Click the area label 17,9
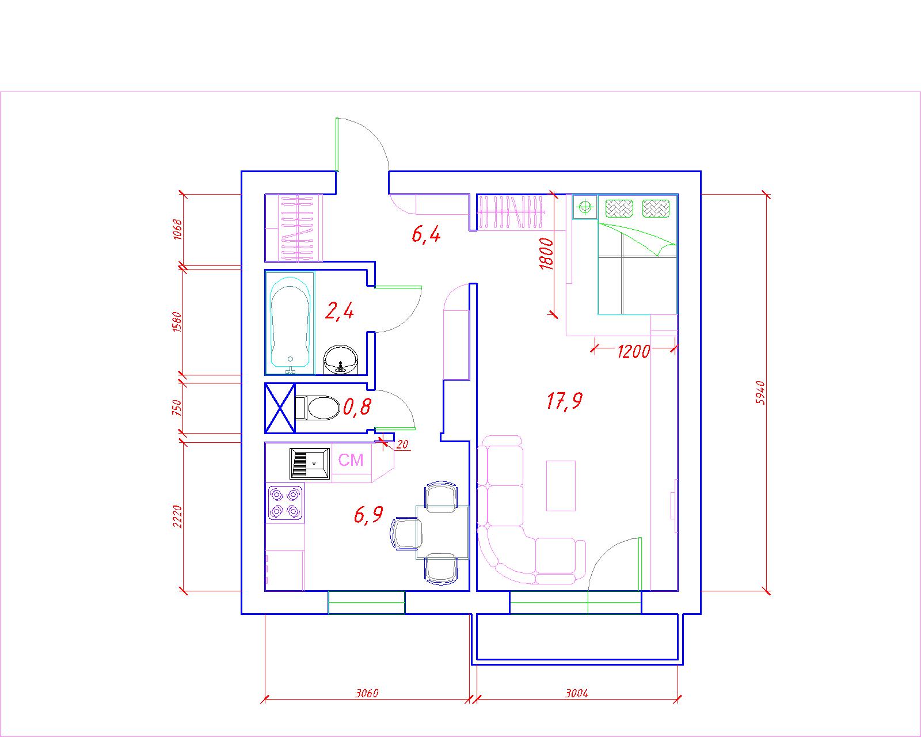point(565,401)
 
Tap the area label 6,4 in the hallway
point(426,234)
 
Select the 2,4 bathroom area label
point(340,310)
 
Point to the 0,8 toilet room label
point(357,407)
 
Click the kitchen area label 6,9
point(368,514)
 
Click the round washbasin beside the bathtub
point(341,360)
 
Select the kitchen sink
point(310,463)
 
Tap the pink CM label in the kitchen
point(351,460)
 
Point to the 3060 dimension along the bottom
point(367,693)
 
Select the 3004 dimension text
point(577,693)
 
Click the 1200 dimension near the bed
point(633,352)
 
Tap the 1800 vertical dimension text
point(546,253)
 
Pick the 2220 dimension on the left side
point(177,516)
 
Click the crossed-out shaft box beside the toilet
point(280,408)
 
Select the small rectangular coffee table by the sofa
point(561,485)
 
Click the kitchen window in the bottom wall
point(367,602)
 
